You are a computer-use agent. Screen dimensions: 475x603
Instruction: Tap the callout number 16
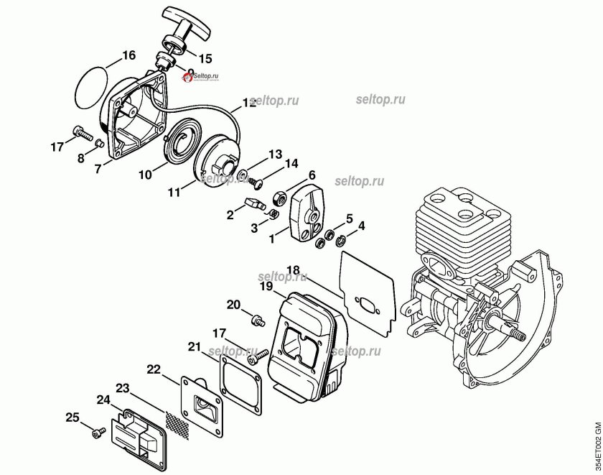pos(128,55)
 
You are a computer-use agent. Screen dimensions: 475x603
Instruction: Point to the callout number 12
pos(248,103)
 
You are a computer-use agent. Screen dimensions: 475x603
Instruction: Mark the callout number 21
pos(194,347)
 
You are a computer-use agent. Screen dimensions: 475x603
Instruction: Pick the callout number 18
pos(293,270)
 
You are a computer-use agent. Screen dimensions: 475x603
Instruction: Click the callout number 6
pos(312,175)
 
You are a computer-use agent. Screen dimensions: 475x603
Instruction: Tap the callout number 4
pos(361,226)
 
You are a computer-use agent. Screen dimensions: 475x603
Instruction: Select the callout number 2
pos(230,214)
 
